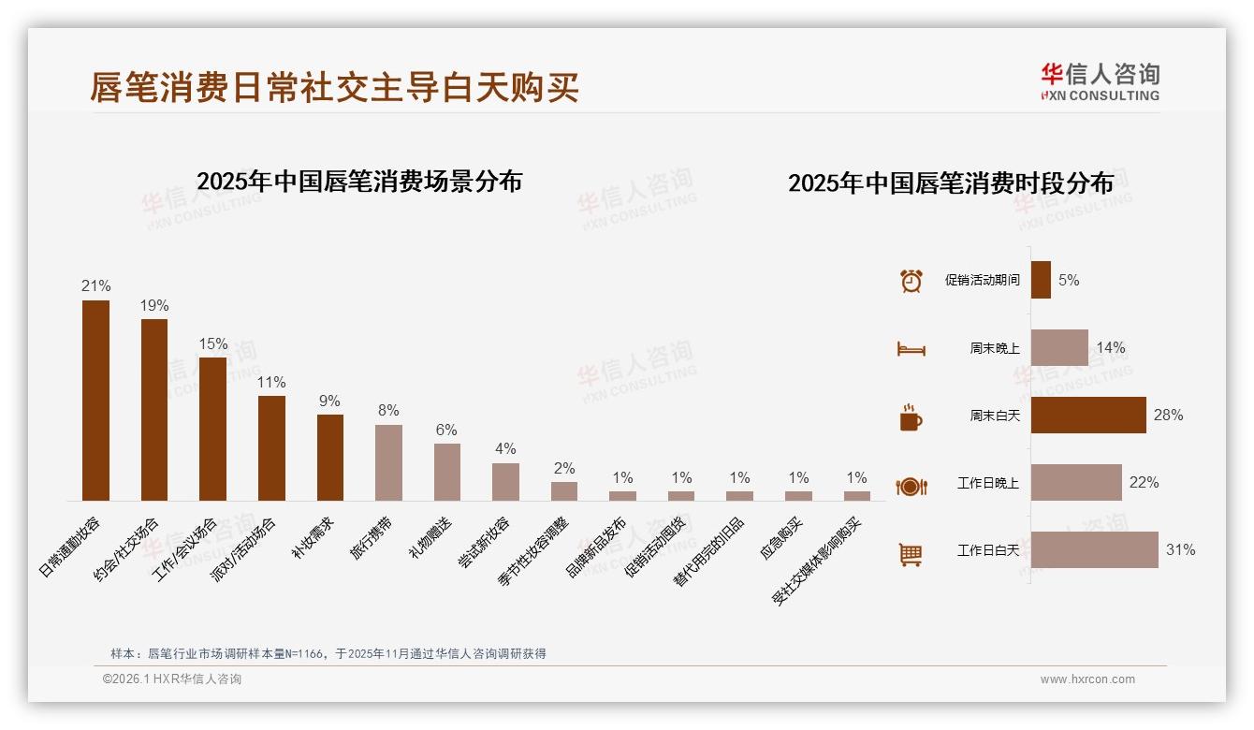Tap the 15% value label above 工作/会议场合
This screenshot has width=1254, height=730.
pyautogui.click(x=212, y=343)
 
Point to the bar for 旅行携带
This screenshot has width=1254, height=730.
pyautogui.click(x=388, y=462)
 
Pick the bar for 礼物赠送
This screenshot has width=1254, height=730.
pyautogui.click(x=447, y=472)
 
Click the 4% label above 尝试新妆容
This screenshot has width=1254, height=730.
pyautogui.click(x=505, y=449)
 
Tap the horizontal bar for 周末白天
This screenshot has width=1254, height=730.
pyautogui.click(x=1088, y=416)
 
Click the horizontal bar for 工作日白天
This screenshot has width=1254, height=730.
pyautogui.click(x=1094, y=550)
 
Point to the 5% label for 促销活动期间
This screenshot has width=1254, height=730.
pyautogui.click(x=1069, y=280)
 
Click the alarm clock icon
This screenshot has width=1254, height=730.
pyautogui.click(x=911, y=281)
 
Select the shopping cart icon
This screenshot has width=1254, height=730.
pyautogui.click(x=911, y=554)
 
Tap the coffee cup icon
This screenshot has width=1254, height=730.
pyautogui.click(x=911, y=417)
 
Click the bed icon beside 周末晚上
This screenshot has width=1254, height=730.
pyautogui.click(x=911, y=349)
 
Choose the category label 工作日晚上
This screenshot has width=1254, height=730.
pyautogui.click(x=987, y=483)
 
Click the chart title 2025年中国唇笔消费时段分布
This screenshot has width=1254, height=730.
pyautogui.click(x=950, y=182)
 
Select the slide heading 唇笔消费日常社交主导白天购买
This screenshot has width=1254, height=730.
pyautogui.click(x=334, y=87)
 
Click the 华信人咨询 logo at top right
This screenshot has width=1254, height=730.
pyautogui.click(x=1100, y=81)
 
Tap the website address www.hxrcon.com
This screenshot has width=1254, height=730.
pyautogui.click(x=1086, y=679)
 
